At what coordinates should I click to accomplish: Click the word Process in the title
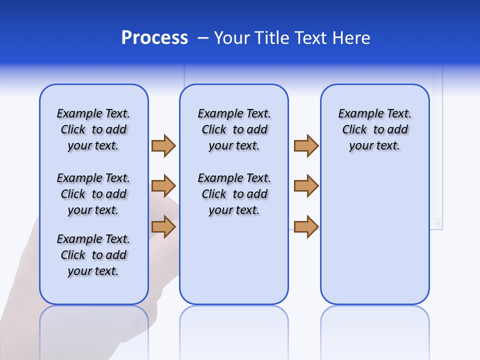(154, 38)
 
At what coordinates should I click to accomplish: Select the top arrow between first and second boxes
(163, 145)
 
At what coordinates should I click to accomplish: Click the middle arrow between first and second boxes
(163, 186)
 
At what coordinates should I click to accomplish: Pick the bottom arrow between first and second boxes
(163, 226)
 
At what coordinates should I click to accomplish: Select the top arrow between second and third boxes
(306, 145)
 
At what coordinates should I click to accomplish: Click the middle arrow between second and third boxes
(306, 186)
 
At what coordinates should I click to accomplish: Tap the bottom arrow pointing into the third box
(306, 226)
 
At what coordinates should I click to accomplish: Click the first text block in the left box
(93, 129)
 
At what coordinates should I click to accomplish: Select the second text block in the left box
(93, 194)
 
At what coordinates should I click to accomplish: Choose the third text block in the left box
(93, 255)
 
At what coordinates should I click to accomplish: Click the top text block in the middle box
(234, 129)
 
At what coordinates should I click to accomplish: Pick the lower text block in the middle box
(234, 194)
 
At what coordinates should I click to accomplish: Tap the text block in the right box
(374, 129)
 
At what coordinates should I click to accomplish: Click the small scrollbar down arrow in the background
(437, 222)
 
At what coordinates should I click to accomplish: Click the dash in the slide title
(203, 38)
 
